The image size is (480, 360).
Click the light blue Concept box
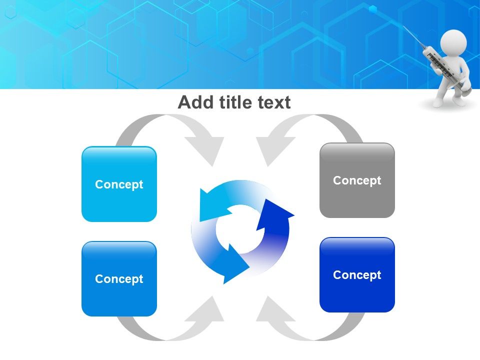(119, 184)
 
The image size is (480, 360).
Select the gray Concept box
(357, 180)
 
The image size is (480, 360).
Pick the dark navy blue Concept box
(357, 274)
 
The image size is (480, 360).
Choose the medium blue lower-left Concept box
(119, 278)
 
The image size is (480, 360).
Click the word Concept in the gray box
(357, 180)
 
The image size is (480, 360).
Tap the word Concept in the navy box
(357, 275)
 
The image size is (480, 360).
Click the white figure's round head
(453, 42)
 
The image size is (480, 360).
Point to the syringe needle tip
(403, 26)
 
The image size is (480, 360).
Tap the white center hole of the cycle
(240, 228)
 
